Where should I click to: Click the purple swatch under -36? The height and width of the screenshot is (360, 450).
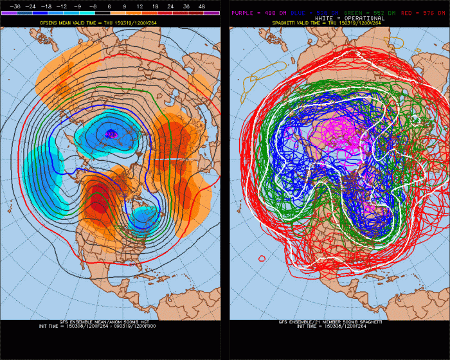click(x=14, y=12)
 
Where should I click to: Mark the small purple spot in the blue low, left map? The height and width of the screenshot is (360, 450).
click(x=111, y=134)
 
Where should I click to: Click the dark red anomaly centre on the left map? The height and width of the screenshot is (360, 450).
click(x=98, y=206)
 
